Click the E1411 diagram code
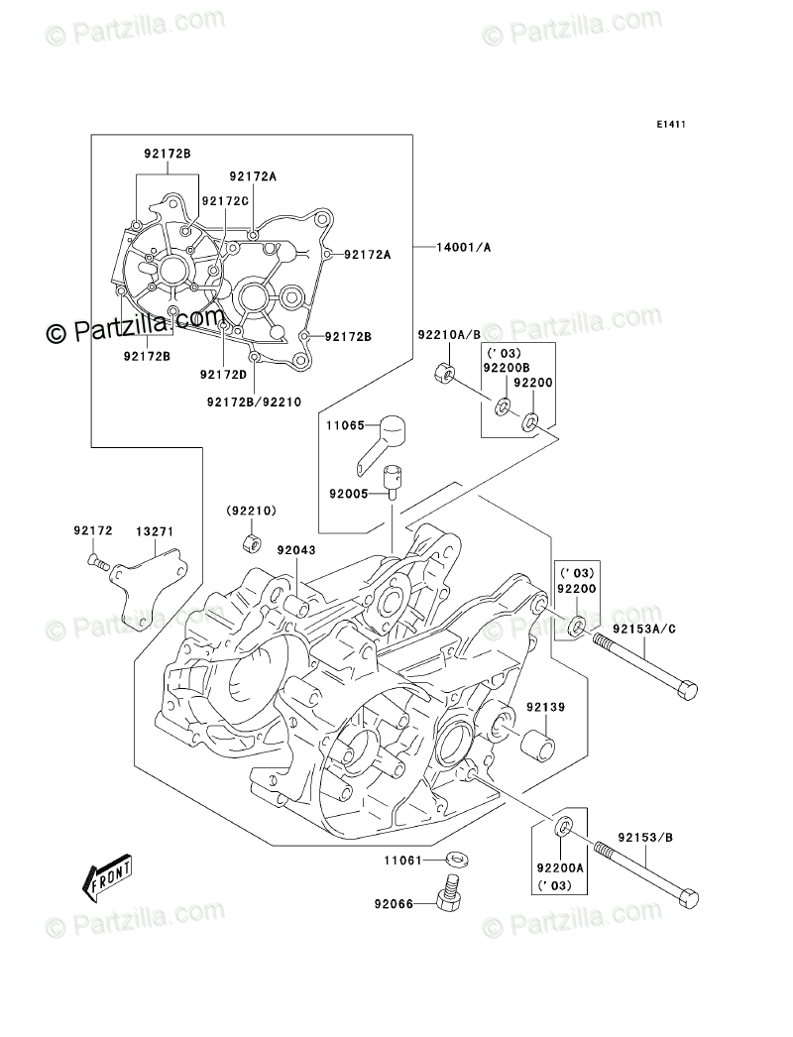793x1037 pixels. (x=671, y=124)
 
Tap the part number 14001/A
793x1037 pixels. (x=464, y=247)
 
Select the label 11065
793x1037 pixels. (x=345, y=425)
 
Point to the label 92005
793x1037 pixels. (x=349, y=494)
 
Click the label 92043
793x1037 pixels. (x=296, y=549)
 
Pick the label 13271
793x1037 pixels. (x=155, y=531)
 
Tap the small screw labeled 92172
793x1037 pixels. (x=97, y=562)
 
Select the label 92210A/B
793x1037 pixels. (x=449, y=335)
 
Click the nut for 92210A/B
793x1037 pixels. (x=444, y=373)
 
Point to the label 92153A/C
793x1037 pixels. (x=643, y=629)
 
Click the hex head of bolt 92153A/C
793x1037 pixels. (x=688, y=690)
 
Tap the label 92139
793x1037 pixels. (x=545, y=707)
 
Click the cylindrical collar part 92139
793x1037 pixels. (x=537, y=745)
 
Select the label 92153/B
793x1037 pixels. (x=645, y=838)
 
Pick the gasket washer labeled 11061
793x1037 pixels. (x=455, y=860)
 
